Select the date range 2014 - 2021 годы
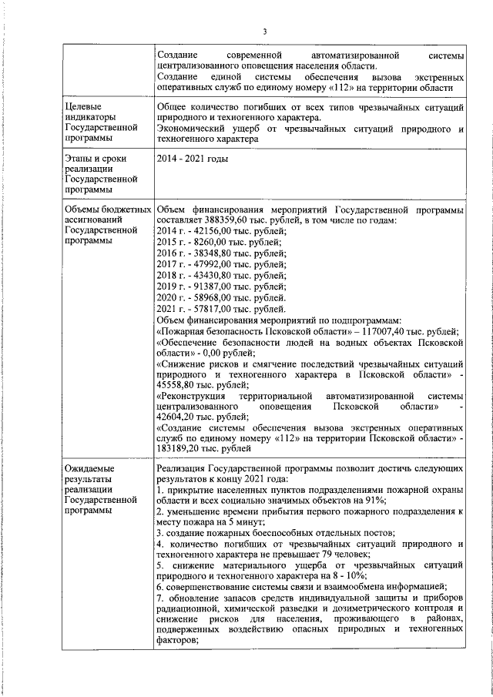point(193,159)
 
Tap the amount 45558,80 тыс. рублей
point(202,384)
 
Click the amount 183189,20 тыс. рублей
point(204,447)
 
